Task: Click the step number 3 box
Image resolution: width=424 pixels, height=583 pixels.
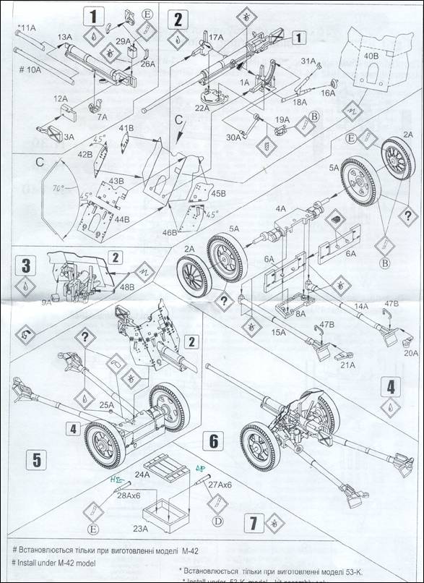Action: (26, 265)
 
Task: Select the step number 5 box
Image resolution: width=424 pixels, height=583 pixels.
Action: (36, 458)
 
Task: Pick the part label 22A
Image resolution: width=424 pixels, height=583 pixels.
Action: (202, 108)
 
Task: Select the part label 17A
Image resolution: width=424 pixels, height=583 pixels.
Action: (216, 36)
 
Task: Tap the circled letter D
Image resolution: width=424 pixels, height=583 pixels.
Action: (216, 521)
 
